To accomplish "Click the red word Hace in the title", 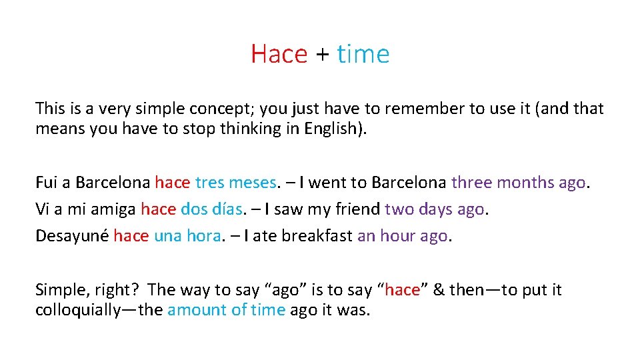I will point(279,54).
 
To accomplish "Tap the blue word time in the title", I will point(363,54).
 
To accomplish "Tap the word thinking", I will point(241,129).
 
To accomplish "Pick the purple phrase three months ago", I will point(519,183).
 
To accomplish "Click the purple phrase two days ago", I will point(435,209).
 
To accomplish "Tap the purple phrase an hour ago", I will point(403,236).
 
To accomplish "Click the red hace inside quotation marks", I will point(402,290).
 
